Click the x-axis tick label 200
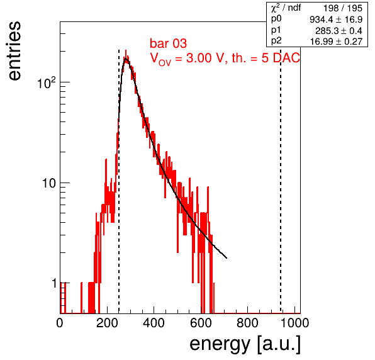click(x=107, y=323)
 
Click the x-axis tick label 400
click(x=154, y=323)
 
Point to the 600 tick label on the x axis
click(x=201, y=323)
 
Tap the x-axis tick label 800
click(x=247, y=323)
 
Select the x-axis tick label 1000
click(x=294, y=323)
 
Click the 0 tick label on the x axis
click(x=60, y=323)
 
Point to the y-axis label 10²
click(x=47, y=82)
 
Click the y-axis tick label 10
click(x=49, y=183)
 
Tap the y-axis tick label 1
click(x=54, y=283)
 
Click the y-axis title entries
click(x=14, y=51)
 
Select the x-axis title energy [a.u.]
click(x=245, y=344)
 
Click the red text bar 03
click(x=168, y=43)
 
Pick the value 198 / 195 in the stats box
click(x=343, y=8)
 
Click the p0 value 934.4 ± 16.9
click(x=336, y=20)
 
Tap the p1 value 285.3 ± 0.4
click(x=339, y=31)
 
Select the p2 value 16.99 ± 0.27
click(x=336, y=42)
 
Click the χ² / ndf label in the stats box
click(x=286, y=8)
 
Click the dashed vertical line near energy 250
click(x=119, y=181)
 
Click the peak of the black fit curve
click(x=126, y=59)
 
